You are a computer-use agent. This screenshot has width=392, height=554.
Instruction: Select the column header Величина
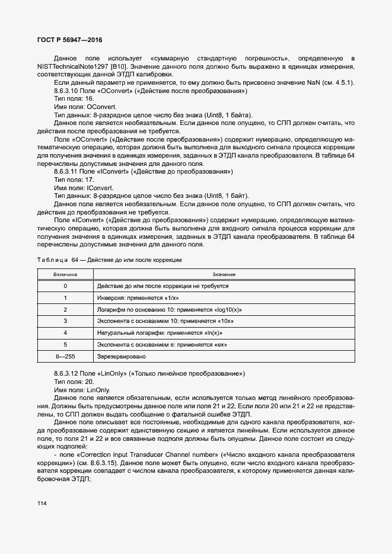click(x=65, y=275)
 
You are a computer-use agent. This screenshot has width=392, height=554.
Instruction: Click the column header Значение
click(x=224, y=275)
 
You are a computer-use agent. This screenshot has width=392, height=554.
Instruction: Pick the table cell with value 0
click(x=65, y=286)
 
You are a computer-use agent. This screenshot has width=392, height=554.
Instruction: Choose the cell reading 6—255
click(x=65, y=356)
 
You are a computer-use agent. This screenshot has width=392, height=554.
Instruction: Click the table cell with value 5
click(x=65, y=344)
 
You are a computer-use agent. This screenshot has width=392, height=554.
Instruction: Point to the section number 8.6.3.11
click(x=67, y=171)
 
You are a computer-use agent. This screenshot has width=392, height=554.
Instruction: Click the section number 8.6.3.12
click(x=67, y=374)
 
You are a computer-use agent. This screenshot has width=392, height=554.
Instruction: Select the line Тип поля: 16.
click(x=74, y=99)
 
